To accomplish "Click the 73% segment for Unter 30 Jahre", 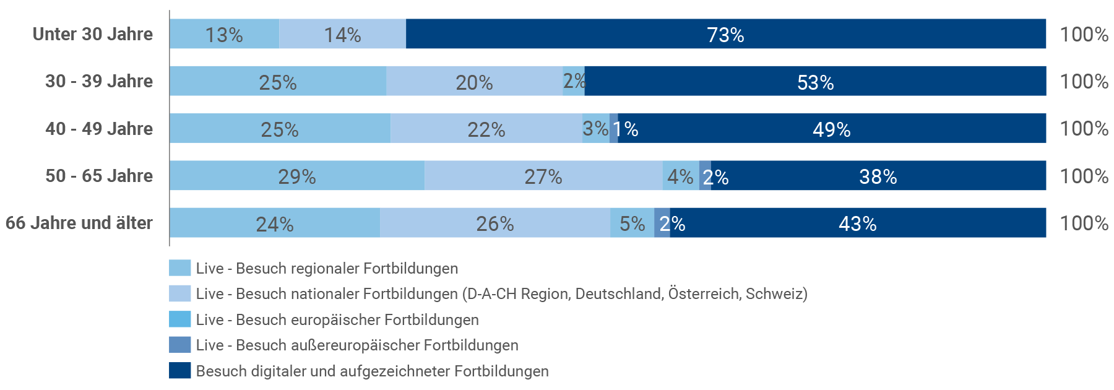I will (x=725, y=34).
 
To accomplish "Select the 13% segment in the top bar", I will (x=224, y=34).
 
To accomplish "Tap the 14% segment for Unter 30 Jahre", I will (x=342, y=34).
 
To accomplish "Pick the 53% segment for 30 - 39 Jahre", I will (x=815, y=81).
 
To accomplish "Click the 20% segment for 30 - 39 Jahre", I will (x=474, y=81).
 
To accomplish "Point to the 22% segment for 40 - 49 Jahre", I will (x=486, y=129).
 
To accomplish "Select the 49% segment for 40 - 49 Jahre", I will (x=831, y=129).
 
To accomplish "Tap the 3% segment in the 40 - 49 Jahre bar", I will (x=595, y=129).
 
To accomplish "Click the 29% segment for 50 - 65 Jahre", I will (x=297, y=176).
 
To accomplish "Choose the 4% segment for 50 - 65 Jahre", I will (x=680, y=176).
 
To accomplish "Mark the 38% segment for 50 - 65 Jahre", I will (x=878, y=176).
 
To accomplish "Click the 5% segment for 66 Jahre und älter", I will (x=632, y=223).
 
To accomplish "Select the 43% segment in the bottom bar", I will (x=857, y=223).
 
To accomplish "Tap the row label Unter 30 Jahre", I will (x=93, y=34).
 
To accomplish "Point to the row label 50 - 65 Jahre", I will (x=99, y=176).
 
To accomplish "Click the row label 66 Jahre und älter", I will (x=79, y=223).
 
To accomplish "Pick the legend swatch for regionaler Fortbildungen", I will (x=180, y=268).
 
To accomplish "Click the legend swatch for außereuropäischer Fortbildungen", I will (x=180, y=345).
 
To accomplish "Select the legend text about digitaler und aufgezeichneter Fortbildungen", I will (x=372, y=371).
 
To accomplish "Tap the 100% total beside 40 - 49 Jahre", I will (x=1083, y=129).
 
